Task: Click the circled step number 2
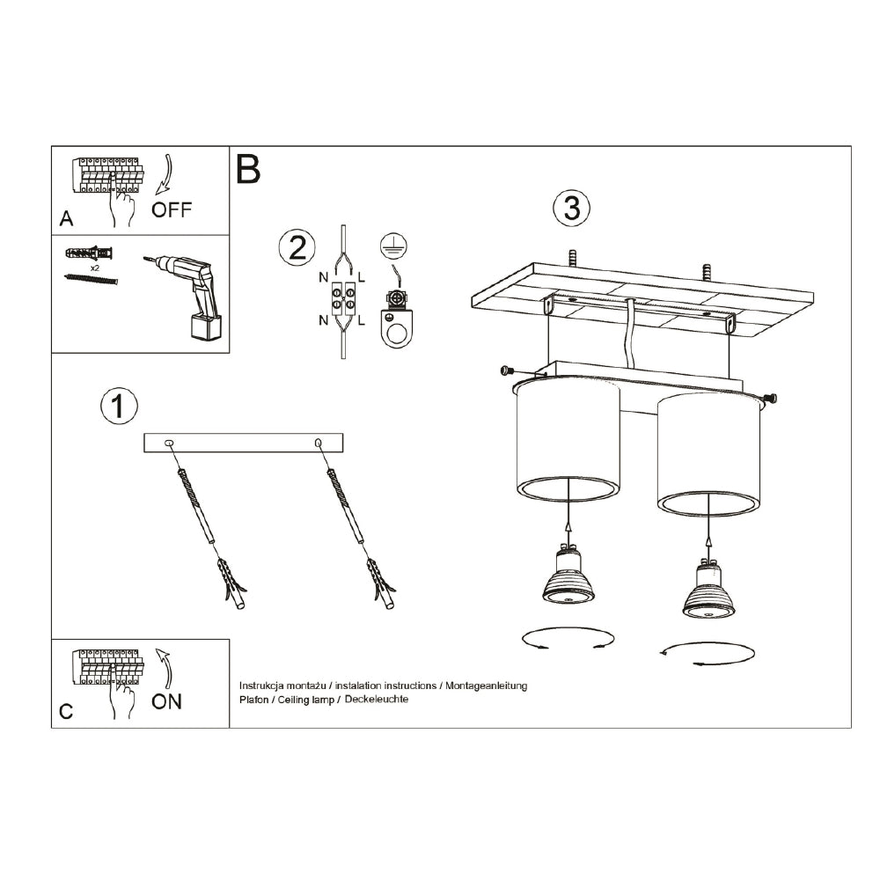[297, 247]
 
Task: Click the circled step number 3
[571, 209]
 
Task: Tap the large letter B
[248, 169]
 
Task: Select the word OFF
[171, 210]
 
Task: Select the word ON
[166, 701]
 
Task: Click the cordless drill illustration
[191, 294]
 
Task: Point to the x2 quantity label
[94, 266]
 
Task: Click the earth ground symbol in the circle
[392, 246]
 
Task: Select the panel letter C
[66, 712]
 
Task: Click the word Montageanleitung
[486, 686]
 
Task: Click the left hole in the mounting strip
[171, 443]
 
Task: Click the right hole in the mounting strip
[318, 443]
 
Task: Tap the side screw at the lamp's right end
[771, 399]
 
